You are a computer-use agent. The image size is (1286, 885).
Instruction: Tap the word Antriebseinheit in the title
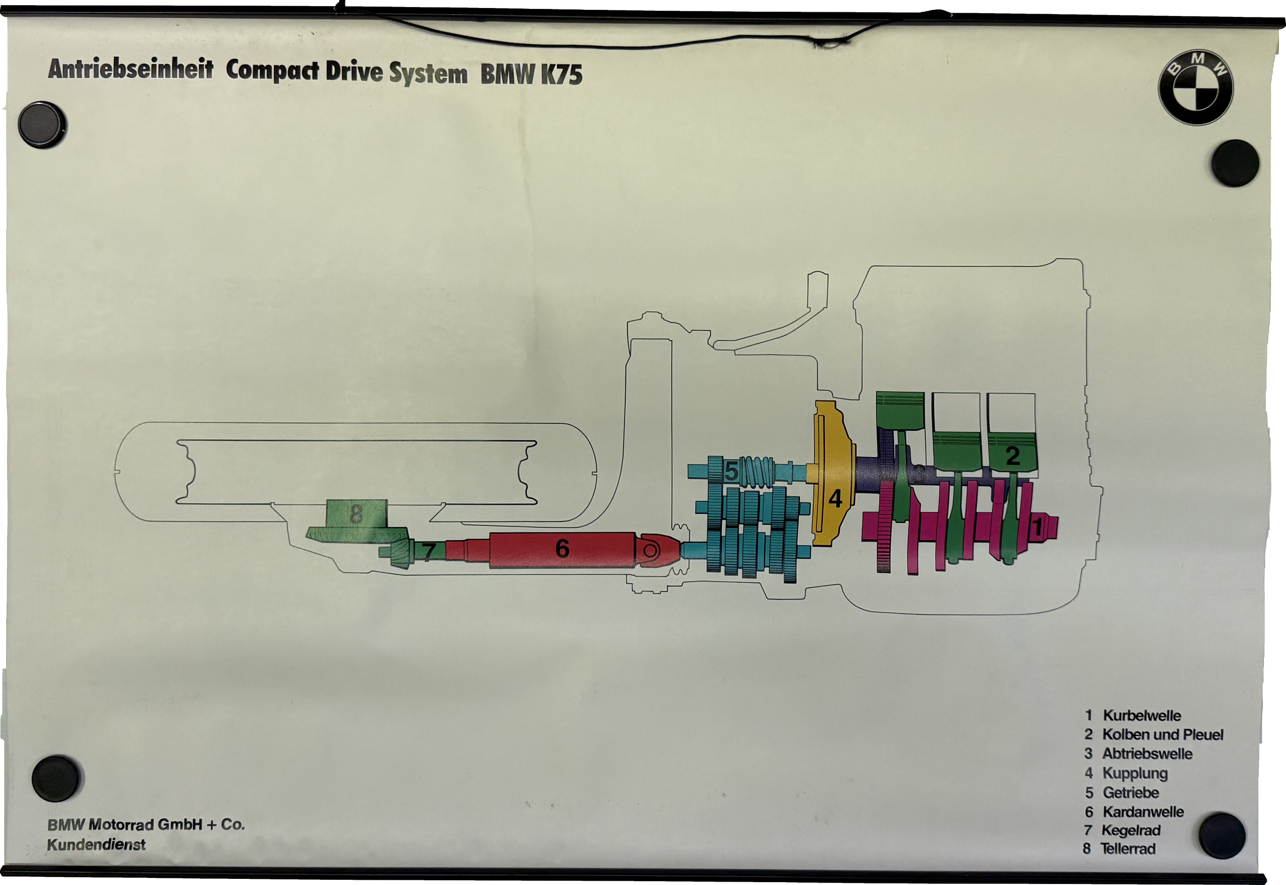[131, 70]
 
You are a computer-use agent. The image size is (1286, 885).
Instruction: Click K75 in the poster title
[561, 75]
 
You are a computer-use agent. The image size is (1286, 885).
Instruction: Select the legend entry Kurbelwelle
[1141, 716]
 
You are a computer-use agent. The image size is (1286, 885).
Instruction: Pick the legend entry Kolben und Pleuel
[1162, 735]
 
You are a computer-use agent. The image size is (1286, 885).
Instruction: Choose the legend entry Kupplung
[1134, 773]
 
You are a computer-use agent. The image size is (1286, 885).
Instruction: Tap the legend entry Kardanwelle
[1142, 812]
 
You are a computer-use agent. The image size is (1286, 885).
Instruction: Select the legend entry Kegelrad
[1130, 831]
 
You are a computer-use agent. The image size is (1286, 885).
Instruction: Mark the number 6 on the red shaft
[562, 549]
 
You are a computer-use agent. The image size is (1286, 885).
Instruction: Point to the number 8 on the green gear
[356, 514]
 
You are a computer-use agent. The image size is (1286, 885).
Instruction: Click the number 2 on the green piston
[1012, 456]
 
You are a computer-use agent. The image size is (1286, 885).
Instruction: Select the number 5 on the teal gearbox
[731, 472]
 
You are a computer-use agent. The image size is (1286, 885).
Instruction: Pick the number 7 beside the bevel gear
[428, 552]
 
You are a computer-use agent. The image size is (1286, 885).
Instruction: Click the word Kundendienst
[96, 845]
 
